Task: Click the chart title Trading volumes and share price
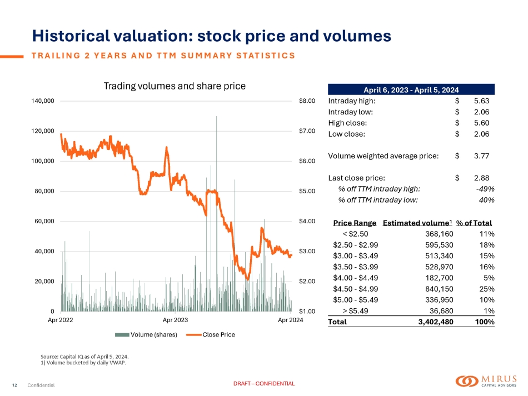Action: click(x=175, y=86)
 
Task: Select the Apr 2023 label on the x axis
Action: click(x=175, y=320)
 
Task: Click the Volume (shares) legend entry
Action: click(x=146, y=334)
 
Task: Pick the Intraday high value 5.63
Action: click(x=481, y=101)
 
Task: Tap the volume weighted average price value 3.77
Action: click(x=481, y=156)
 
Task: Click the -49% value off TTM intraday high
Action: click(x=485, y=188)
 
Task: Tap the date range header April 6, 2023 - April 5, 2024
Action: click(x=411, y=89)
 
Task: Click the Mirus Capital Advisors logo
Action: click(x=485, y=381)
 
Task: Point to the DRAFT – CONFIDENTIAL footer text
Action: click(x=264, y=384)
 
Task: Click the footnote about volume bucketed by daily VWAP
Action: click(x=83, y=363)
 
